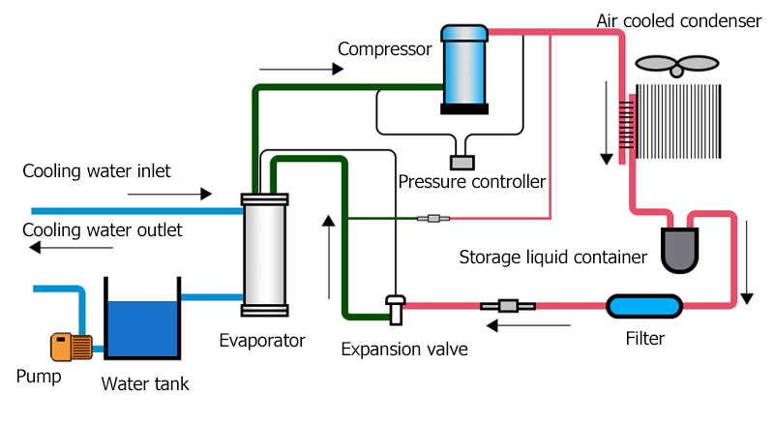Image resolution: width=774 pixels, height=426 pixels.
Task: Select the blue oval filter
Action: (x=643, y=306)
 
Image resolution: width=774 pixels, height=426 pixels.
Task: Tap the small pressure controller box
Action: (x=462, y=165)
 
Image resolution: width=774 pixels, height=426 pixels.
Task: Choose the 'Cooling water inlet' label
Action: (x=97, y=171)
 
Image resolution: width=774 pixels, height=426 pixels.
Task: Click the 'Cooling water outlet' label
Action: (x=102, y=230)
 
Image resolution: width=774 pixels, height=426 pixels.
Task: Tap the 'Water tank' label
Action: (x=145, y=384)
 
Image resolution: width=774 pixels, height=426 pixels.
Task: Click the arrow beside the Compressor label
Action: (x=302, y=70)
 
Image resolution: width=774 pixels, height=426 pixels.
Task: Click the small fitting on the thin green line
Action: (x=427, y=218)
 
